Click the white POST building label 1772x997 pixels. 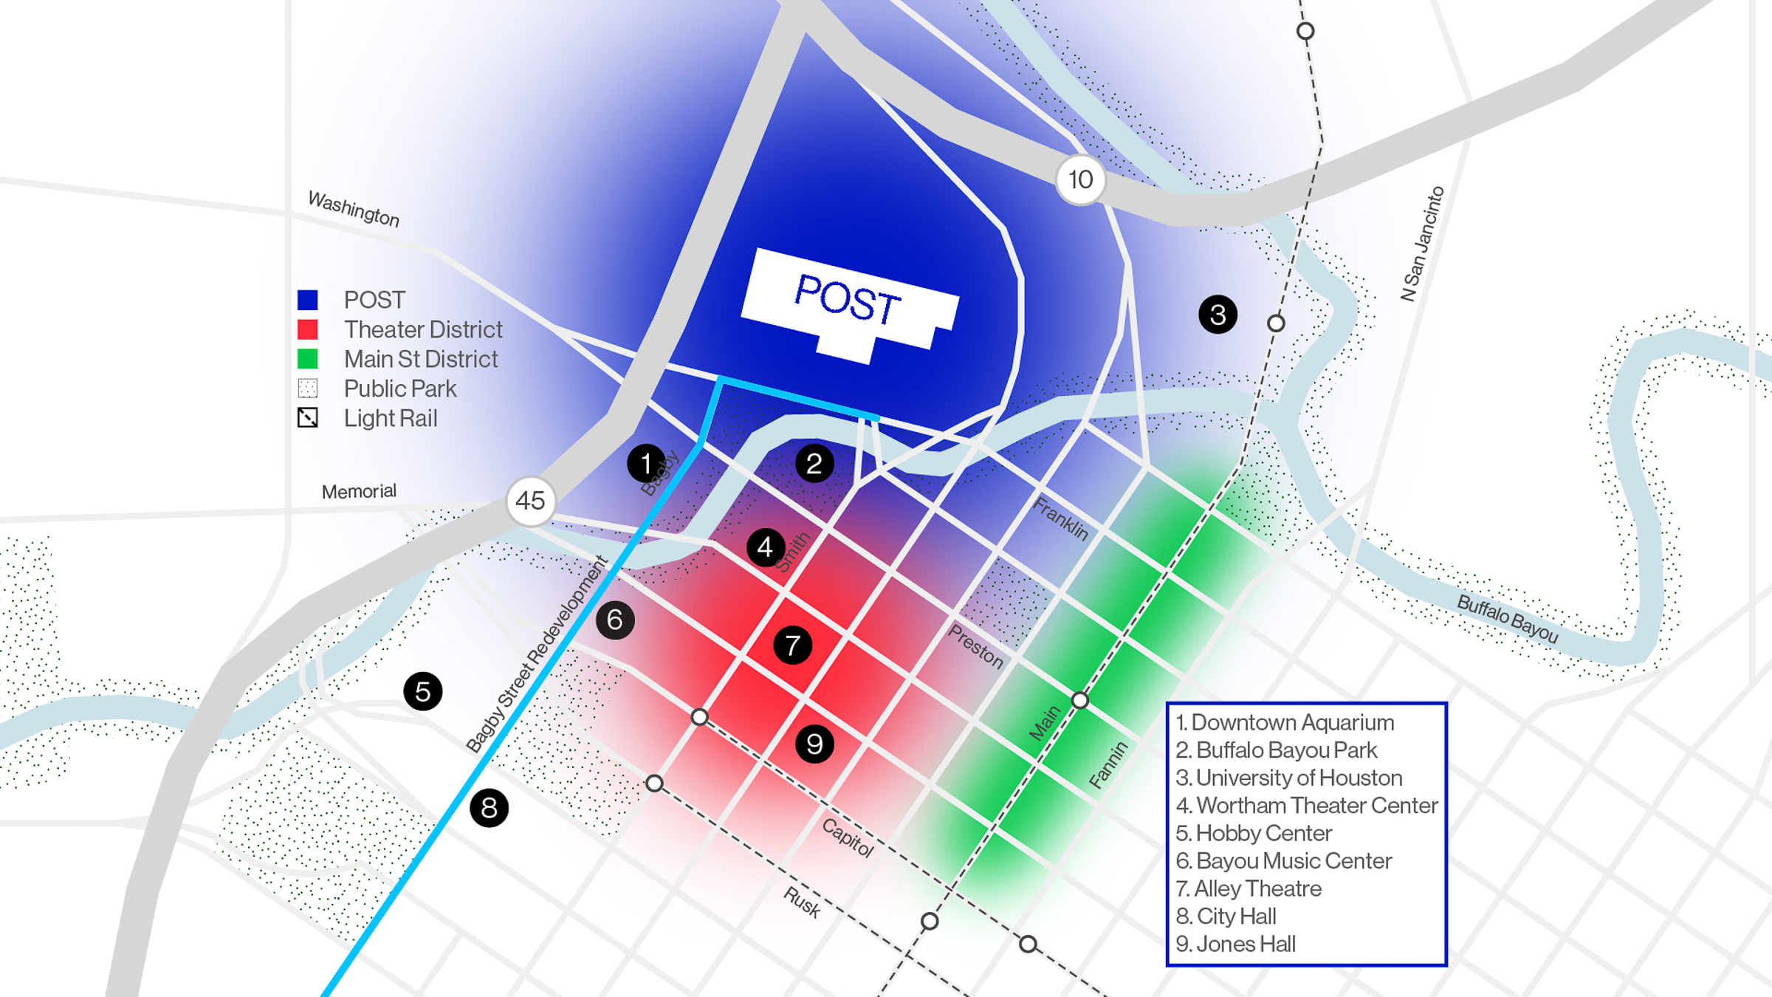point(849,303)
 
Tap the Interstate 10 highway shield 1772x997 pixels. point(1080,179)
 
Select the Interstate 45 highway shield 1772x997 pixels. point(530,501)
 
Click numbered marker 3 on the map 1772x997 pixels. point(1218,315)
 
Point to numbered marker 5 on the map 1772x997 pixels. point(423,692)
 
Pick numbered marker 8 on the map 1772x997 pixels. point(489,808)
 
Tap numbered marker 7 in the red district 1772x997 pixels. point(792,645)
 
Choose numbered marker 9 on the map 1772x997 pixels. point(814,744)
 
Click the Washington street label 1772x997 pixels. point(354,209)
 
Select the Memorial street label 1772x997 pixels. point(359,492)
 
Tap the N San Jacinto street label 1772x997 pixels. point(1422,244)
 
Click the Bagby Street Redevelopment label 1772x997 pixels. point(538,654)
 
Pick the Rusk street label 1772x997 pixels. point(802,902)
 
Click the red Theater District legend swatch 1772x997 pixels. point(307,329)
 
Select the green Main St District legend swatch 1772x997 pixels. point(307,359)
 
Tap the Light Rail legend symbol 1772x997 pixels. point(307,418)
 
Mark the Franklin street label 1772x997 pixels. point(1061,518)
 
